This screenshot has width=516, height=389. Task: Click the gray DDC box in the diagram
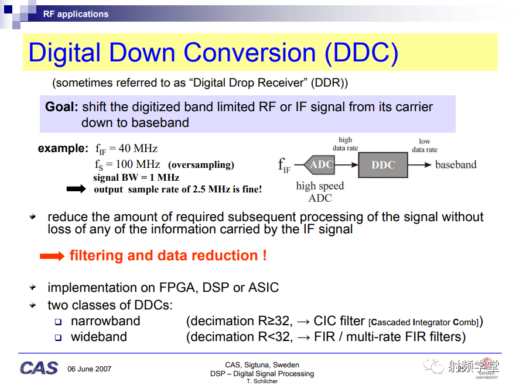click(383, 164)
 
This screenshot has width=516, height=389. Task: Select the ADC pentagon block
click(319, 164)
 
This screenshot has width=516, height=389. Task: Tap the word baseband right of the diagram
click(456, 164)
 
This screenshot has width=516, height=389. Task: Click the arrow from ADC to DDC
click(346, 164)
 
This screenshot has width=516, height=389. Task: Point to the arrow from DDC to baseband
click(419, 164)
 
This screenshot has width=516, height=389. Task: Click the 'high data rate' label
click(345, 144)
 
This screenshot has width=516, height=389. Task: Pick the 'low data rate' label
click(425, 145)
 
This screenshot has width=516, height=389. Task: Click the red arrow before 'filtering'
click(52, 256)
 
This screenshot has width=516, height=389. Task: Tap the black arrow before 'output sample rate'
click(76, 189)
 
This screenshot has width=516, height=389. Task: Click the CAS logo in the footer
click(39, 368)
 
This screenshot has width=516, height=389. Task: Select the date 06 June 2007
click(89, 369)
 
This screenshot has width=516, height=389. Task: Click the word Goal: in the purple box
click(61, 107)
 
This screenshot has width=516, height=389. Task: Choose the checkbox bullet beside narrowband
click(58, 322)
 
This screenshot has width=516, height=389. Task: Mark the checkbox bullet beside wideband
click(58, 338)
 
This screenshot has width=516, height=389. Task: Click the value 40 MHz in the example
click(138, 149)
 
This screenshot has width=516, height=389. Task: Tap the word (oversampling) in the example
click(201, 164)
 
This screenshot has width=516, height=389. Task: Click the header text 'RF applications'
click(76, 14)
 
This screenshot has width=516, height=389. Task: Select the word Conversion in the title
click(250, 52)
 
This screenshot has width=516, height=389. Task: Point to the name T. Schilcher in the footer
click(262, 381)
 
